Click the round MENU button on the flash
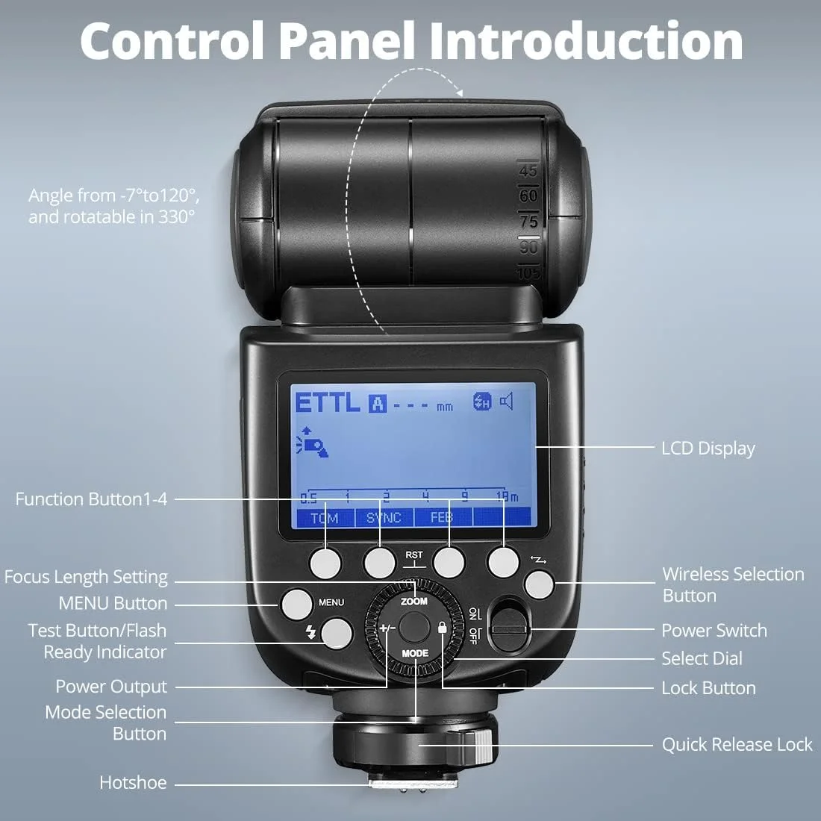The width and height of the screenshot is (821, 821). tap(296, 604)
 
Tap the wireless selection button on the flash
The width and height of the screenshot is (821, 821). tap(539, 584)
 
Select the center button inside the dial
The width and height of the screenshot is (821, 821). tap(413, 625)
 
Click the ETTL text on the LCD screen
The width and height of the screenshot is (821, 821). tap(328, 403)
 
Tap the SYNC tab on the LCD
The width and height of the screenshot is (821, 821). tap(384, 518)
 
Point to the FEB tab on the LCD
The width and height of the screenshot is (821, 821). tap(442, 518)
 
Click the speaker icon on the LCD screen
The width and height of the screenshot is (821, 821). tap(507, 402)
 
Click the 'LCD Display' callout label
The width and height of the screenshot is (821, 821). tap(708, 448)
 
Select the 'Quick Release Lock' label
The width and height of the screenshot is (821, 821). tap(737, 744)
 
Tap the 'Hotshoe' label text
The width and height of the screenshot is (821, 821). tap(133, 783)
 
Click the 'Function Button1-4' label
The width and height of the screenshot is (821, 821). tap(91, 499)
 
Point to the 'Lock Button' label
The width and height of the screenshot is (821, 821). tap(708, 688)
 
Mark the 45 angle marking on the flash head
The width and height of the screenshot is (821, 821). tap(528, 171)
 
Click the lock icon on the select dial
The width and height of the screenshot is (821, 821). tap(442, 628)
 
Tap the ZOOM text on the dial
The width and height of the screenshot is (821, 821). tap(414, 601)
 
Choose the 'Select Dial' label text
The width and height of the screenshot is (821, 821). tap(702, 658)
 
